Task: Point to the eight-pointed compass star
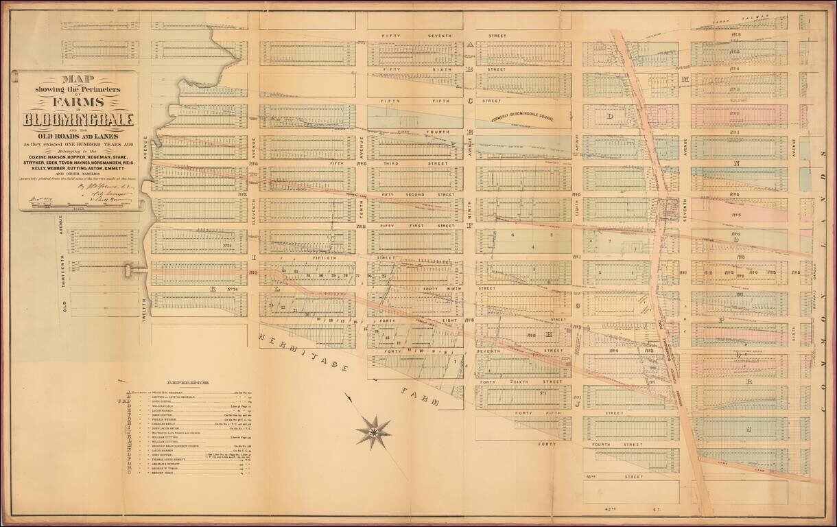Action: tap(374, 432)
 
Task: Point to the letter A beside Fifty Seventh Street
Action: tap(470, 45)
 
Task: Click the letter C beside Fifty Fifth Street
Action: tap(470, 101)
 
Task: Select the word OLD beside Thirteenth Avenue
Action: tap(66, 305)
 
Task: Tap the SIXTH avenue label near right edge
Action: tap(794, 333)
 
